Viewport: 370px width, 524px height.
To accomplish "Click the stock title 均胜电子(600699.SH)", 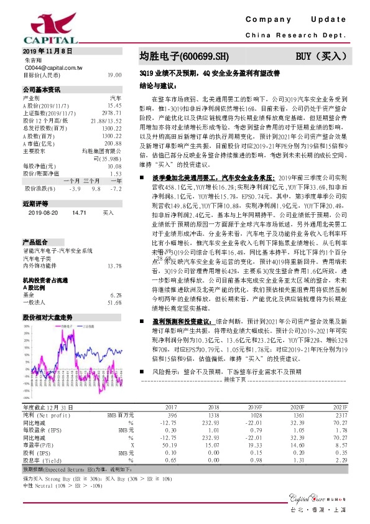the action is (179, 57).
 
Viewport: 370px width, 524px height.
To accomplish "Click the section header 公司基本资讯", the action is (42, 89).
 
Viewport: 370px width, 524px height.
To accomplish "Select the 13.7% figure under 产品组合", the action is (114, 248).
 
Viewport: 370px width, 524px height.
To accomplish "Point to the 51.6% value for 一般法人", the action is (114, 285).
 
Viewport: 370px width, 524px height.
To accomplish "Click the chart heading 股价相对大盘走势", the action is (47, 299).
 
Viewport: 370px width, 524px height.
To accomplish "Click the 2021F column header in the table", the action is (341, 406).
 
